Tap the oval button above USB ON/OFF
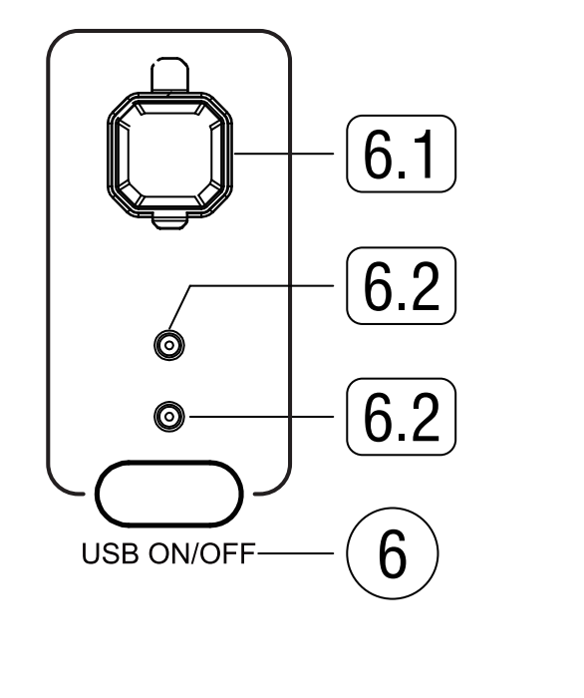(x=169, y=494)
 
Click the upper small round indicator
(x=169, y=346)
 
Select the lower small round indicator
(x=169, y=415)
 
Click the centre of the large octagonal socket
(x=169, y=154)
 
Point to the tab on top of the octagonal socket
(x=169, y=76)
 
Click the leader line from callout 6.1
(x=289, y=154)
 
